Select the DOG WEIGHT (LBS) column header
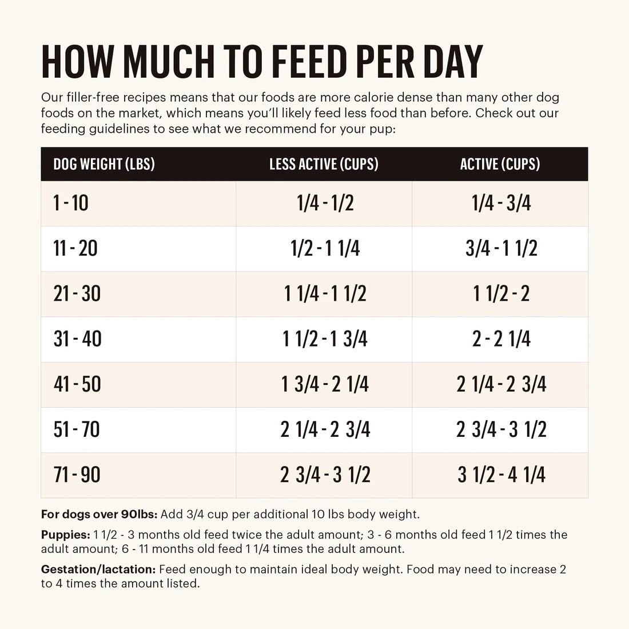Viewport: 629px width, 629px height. pyautogui.click(x=104, y=164)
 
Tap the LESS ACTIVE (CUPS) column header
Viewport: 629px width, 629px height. pyautogui.click(x=324, y=164)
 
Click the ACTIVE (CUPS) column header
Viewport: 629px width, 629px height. pyautogui.click(x=500, y=164)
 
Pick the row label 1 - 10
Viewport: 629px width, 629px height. pyautogui.click(x=71, y=203)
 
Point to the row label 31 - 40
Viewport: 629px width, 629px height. pyautogui.click(x=77, y=339)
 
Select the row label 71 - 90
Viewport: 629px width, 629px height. pyautogui.click(x=77, y=475)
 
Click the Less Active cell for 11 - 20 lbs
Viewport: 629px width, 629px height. pyautogui.click(x=325, y=248)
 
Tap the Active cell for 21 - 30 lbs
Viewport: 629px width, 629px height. pyautogui.click(x=501, y=293)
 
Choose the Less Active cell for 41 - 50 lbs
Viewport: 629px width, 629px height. pyautogui.click(x=325, y=384)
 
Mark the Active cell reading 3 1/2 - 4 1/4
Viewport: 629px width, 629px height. pyautogui.click(x=501, y=475)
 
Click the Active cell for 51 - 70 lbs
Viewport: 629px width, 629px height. pyautogui.click(x=501, y=429)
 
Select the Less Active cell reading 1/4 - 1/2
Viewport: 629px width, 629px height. pyautogui.click(x=325, y=203)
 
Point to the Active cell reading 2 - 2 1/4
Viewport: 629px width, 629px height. pyautogui.click(x=501, y=339)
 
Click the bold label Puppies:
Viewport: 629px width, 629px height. pyautogui.click(x=65, y=535)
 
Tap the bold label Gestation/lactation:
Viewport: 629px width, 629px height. pyautogui.click(x=98, y=570)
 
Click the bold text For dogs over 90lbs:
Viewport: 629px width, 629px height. pyautogui.click(x=99, y=514)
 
